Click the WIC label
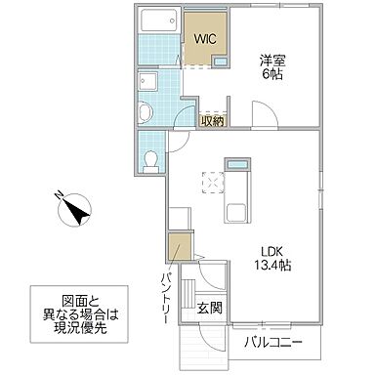(x=204, y=40)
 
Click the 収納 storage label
(x=212, y=120)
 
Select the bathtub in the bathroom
(x=160, y=21)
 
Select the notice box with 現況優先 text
(x=84, y=315)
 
